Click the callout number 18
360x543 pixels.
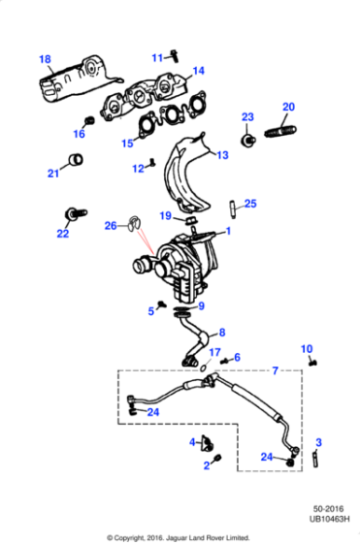click(44, 59)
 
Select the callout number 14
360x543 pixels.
click(198, 71)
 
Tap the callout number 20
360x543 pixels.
click(287, 107)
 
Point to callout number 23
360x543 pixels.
click(246, 117)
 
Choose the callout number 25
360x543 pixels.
click(250, 204)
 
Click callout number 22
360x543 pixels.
click(63, 234)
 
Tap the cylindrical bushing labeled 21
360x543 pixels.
click(75, 159)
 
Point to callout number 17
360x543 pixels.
click(215, 352)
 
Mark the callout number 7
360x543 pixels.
click(275, 370)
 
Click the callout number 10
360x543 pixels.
click(307, 349)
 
